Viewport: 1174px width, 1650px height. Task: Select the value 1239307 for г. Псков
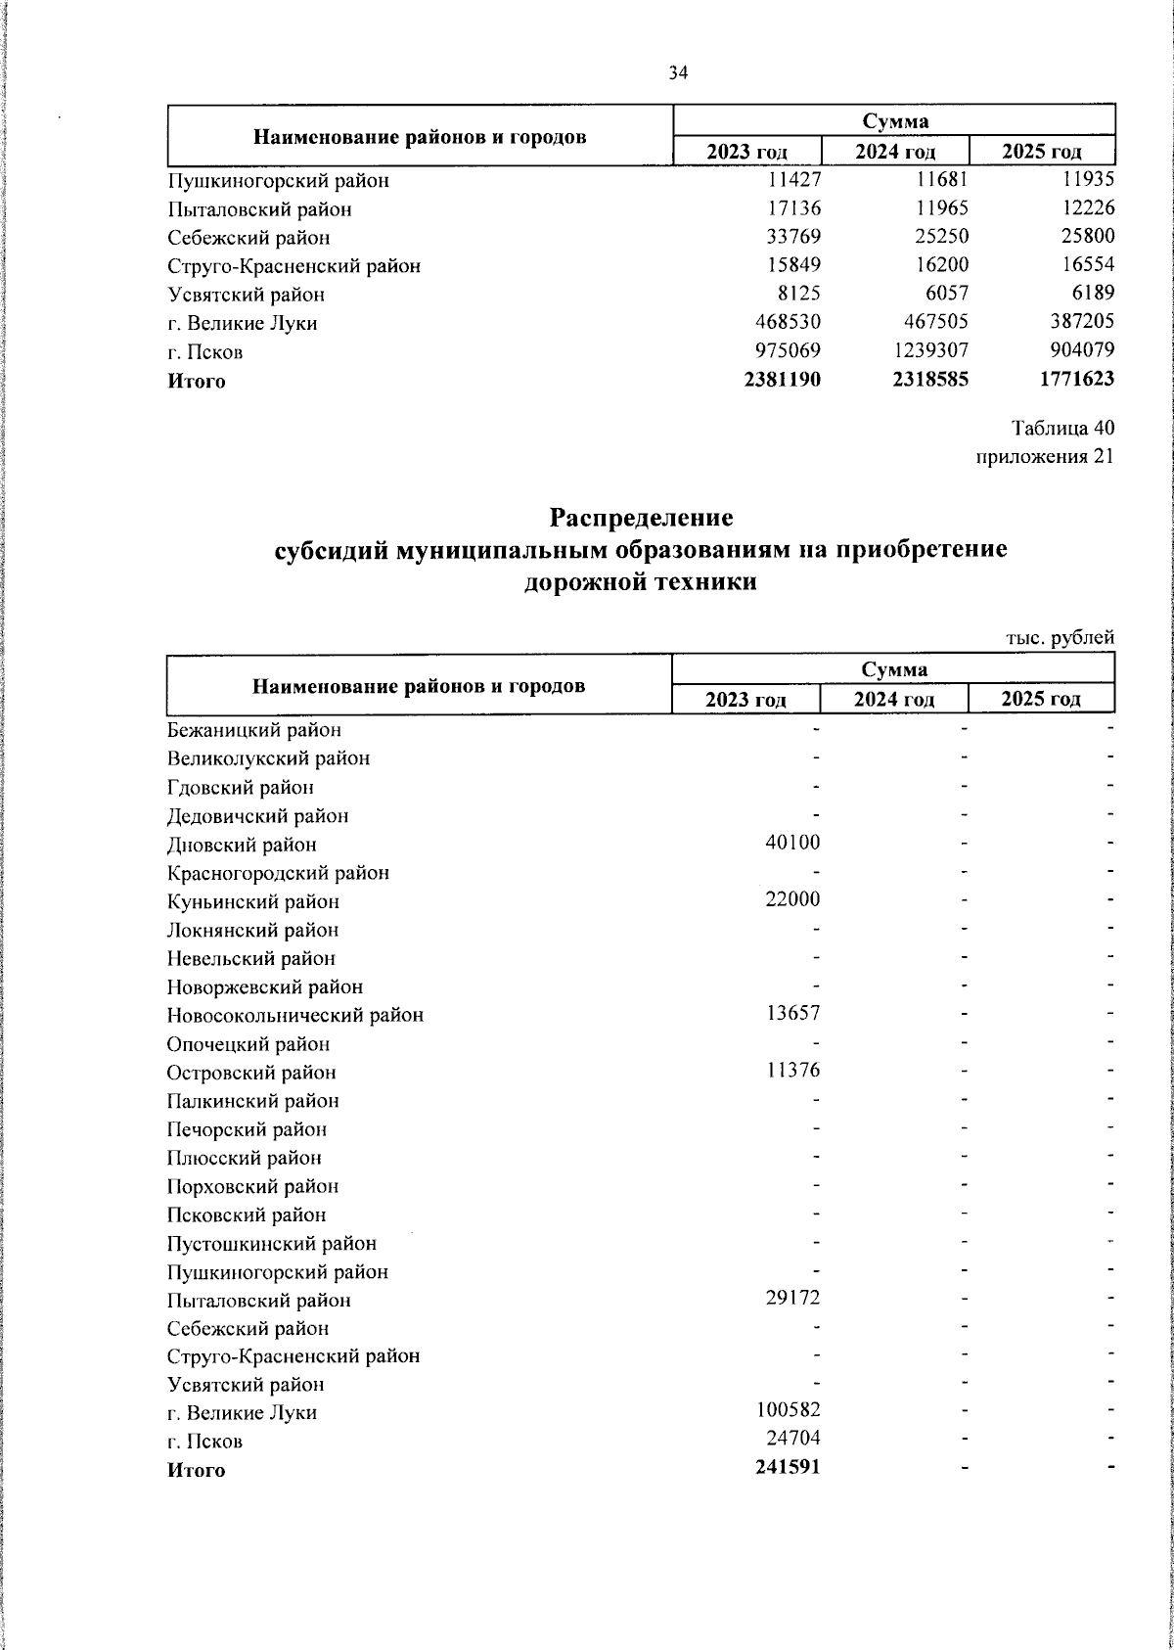pos(926,351)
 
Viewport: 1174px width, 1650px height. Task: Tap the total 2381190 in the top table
pos(782,380)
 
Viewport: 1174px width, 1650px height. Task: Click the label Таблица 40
pos(1062,429)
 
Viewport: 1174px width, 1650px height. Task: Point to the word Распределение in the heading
pos(641,516)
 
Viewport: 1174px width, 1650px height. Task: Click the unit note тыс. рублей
pos(1061,638)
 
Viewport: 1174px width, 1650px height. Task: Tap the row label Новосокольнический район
pos(294,1016)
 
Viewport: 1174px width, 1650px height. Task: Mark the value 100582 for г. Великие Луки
pos(788,1412)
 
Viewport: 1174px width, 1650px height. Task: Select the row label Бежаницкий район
pos(253,730)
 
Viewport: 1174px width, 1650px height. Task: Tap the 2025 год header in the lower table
pos(1041,699)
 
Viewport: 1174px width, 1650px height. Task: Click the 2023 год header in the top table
pos(747,152)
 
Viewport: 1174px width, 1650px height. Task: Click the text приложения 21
pos(1045,457)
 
